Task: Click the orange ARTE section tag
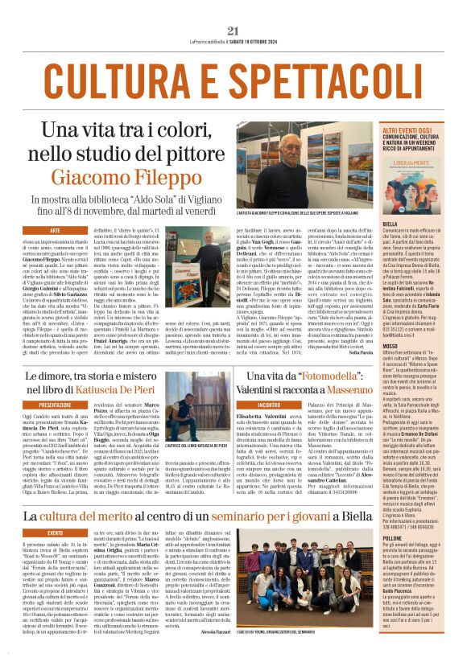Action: [x=55, y=231]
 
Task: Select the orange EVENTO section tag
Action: [x=55, y=532]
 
